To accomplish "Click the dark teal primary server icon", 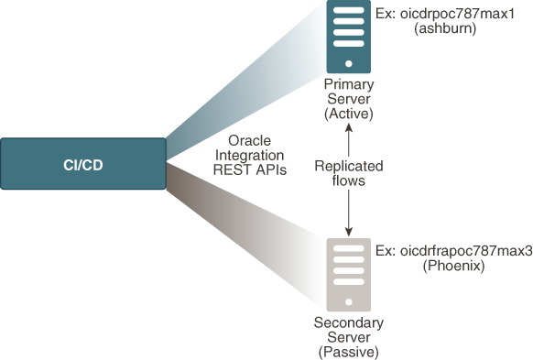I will coord(348,37).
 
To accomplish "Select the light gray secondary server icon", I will coord(348,273).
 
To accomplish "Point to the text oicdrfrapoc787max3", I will coord(460,250).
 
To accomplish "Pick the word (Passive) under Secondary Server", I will coord(348,352).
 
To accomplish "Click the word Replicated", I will coord(348,167).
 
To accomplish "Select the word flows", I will coord(348,181).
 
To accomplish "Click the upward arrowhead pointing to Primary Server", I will coord(348,129).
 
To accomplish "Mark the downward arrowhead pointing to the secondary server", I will coord(348,229).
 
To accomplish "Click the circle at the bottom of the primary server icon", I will coord(348,62).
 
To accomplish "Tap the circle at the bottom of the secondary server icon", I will coord(348,300).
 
